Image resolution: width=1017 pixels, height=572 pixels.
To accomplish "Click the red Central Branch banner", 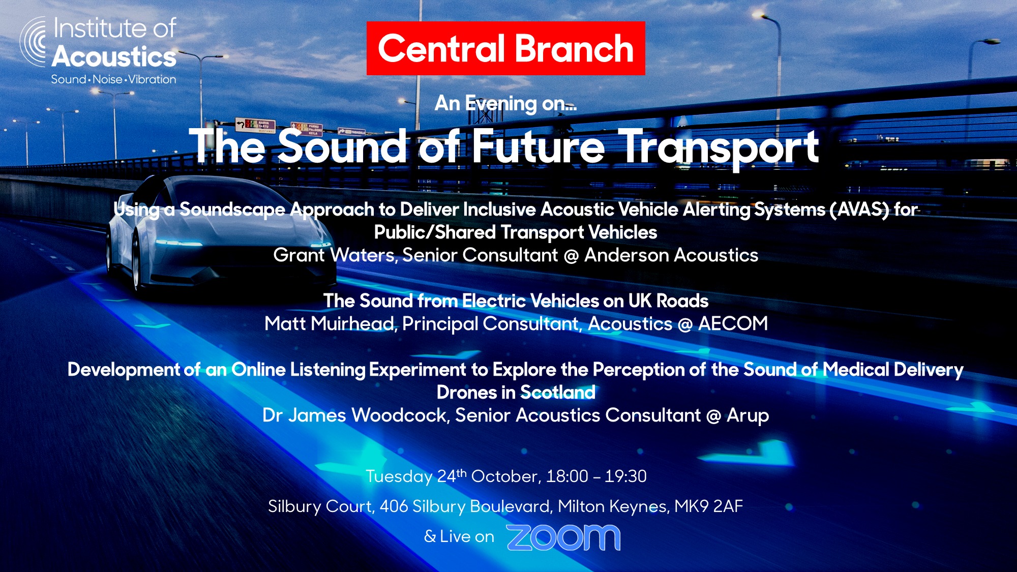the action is [505, 48].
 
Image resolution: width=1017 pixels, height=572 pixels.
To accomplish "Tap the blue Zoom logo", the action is [563, 537].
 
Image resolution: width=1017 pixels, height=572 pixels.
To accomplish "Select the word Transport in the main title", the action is [721, 147].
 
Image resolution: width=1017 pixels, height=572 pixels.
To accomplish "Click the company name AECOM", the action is [733, 323].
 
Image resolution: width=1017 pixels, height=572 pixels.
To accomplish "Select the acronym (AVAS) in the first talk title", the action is [859, 209].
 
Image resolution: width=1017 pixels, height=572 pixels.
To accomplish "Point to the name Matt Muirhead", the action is [330, 323].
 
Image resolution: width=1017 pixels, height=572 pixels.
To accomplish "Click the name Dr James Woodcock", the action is [355, 415].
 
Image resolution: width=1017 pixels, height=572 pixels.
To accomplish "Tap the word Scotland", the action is [558, 393].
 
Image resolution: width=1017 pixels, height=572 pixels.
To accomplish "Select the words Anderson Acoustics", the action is [671, 255].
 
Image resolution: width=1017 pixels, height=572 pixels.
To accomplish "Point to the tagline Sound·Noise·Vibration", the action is [113, 79].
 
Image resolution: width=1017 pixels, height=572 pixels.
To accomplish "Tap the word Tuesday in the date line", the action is [399, 477].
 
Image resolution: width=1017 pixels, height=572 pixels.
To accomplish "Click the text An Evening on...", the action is [505, 104].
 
